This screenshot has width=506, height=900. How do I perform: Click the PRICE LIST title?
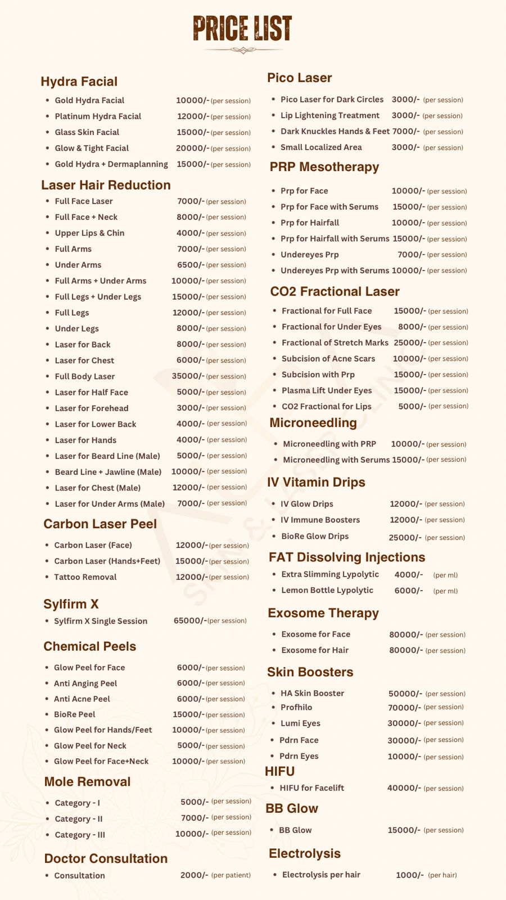[x=242, y=28]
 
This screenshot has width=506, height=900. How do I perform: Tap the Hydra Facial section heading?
[x=79, y=82]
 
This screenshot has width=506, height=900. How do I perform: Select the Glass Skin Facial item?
[x=87, y=132]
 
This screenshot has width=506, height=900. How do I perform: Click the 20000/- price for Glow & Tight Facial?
[x=192, y=148]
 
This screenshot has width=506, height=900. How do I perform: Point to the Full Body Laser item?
[x=84, y=376]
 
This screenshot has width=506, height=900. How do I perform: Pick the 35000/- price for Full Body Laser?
[x=188, y=376]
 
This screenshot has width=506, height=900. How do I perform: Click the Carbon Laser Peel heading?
[x=100, y=524]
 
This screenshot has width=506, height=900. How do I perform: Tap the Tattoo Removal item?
[x=85, y=577]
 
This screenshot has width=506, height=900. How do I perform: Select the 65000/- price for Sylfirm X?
[x=190, y=620]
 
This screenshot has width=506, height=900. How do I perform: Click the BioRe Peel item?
[x=74, y=714]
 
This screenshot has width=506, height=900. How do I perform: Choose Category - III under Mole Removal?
[x=79, y=835]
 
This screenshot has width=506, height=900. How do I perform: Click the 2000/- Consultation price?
[x=194, y=875]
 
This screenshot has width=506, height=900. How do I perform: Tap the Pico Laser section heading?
[x=299, y=78]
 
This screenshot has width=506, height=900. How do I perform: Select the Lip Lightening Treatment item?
[x=329, y=115]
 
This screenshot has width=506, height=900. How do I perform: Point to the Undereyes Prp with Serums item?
[x=335, y=271]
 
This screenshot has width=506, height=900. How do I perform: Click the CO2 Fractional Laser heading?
[x=335, y=291]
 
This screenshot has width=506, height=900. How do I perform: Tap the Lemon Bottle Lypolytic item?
[x=327, y=590]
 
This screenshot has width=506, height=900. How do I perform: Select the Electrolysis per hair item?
[x=320, y=875]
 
